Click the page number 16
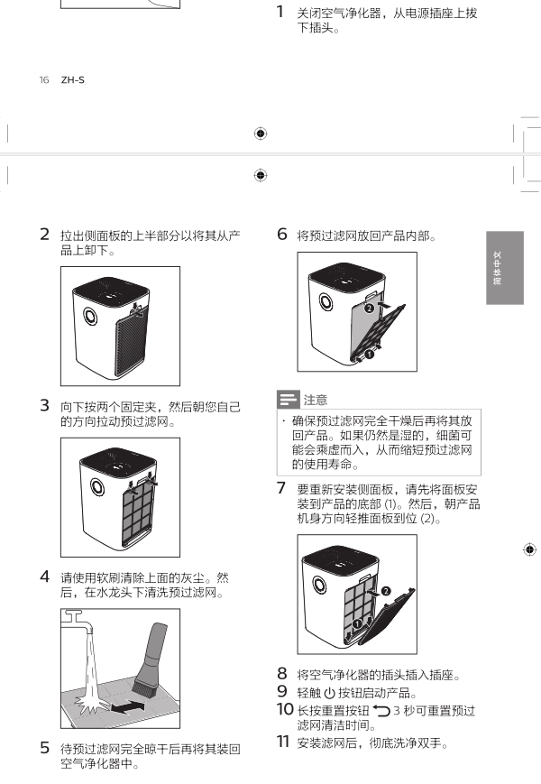(x=43, y=80)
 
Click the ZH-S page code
(x=72, y=80)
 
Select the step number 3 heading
(x=44, y=407)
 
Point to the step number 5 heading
(x=44, y=747)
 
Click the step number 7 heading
(x=281, y=488)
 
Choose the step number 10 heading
(x=284, y=709)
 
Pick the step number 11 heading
(x=283, y=742)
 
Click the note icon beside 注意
(x=288, y=400)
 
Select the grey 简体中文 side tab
(x=504, y=268)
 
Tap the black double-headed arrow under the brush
(x=126, y=708)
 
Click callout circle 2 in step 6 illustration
(x=369, y=308)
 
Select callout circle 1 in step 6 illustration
(x=369, y=355)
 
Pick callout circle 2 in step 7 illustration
(x=386, y=590)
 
